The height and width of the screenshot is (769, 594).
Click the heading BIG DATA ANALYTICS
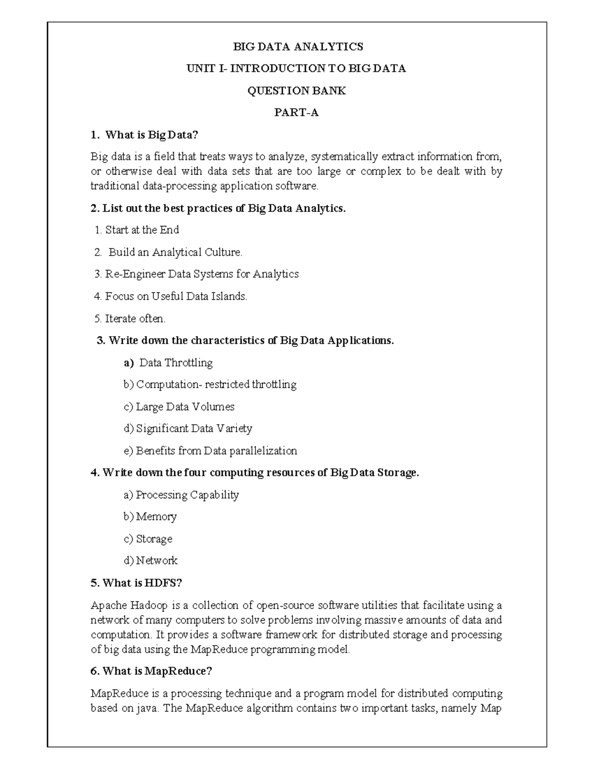tap(298, 47)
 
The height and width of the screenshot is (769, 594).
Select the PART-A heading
tap(297, 113)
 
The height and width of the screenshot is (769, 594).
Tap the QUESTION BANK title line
tap(297, 91)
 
